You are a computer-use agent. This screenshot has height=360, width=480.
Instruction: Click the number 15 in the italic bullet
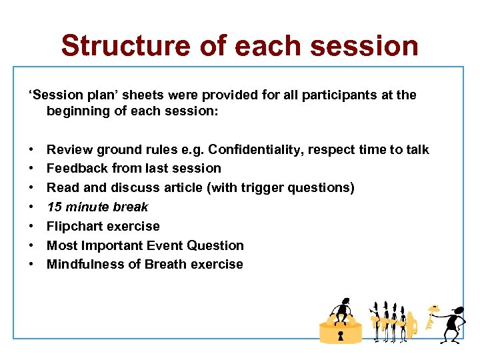(54, 207)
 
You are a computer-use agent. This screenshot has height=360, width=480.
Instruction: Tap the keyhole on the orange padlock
(341, 334)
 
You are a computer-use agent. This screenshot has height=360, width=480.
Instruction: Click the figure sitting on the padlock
(342, 311)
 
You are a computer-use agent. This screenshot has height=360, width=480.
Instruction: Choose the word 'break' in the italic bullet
(132, 207)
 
